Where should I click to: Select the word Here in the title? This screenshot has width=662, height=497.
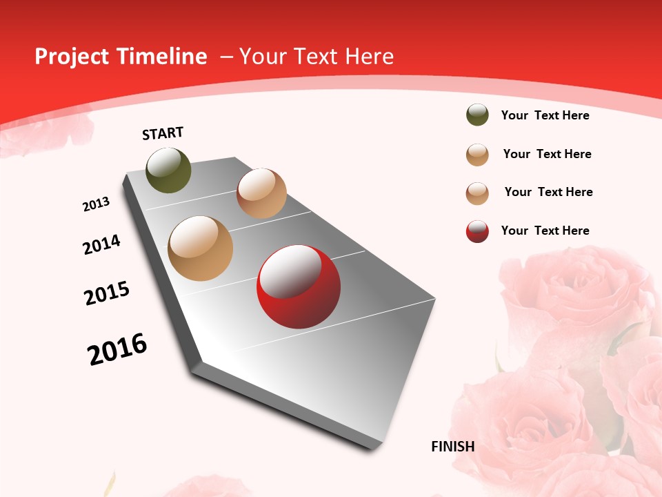tap(369, 57)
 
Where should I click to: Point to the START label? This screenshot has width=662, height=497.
tap(163, 133)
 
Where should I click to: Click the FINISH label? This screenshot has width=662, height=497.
tap(453, 447)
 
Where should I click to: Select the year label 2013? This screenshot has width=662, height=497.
tap(96, 204)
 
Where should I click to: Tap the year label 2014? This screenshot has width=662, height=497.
tap(101, 244)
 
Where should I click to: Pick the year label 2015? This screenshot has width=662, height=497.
tap(107, 293)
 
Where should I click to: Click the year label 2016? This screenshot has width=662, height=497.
tap(117, 349)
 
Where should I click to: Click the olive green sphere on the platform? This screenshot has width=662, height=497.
tap(168, 170)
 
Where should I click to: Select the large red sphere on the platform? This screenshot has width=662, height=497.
tap(299, 286)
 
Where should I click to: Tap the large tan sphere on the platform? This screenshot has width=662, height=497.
tap(201, 248)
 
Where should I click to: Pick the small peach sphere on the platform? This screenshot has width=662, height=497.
tap(261, 193)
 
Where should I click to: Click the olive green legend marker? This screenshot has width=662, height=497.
tap(477, 115)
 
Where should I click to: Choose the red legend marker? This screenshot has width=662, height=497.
tap(477, 231)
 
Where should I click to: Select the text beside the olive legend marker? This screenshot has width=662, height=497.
tap(545, 115)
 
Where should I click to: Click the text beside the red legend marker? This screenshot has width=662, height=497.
tap(545, 231)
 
